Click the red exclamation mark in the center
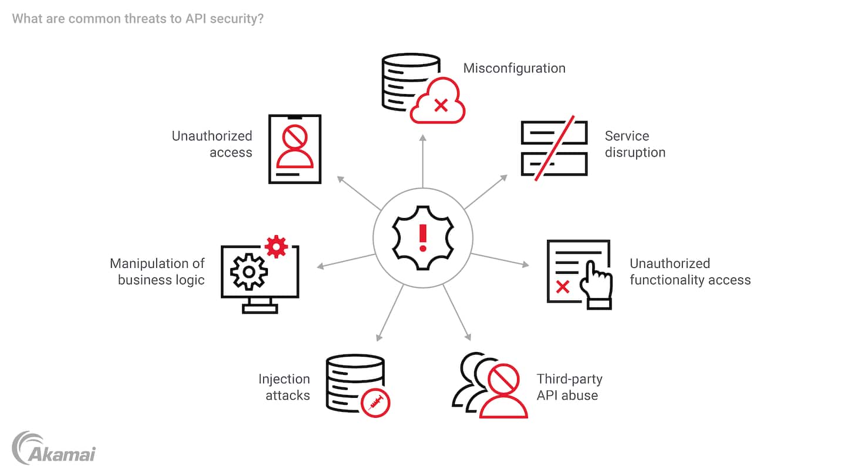click(422, 237)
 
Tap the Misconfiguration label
click(514, 68)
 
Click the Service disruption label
click(634, 144)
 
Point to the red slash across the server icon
click(554, 149)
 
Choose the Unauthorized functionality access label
click(690, 271)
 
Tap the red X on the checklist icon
click(562, 287)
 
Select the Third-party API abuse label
click(569, 387)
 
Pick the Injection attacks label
click(284, 387)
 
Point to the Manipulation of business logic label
click(157, 271)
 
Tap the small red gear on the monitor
click(276, 246)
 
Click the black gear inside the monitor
click(249, 271)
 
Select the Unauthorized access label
click(212, 144)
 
